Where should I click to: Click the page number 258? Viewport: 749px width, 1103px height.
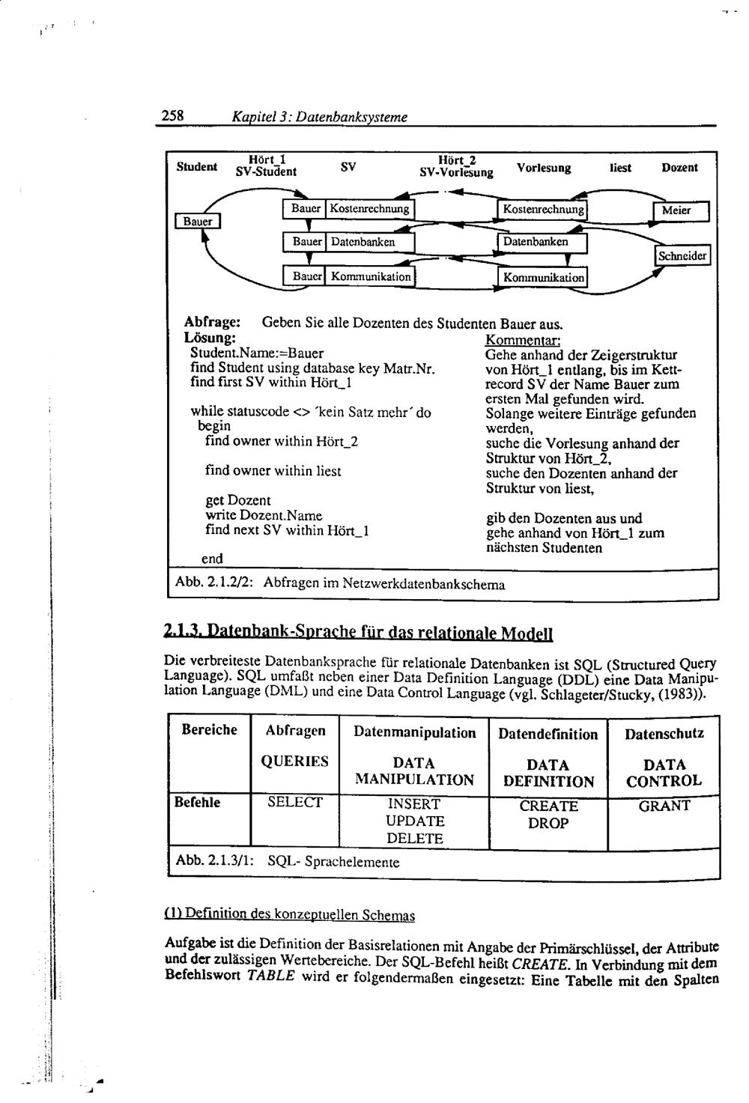173,116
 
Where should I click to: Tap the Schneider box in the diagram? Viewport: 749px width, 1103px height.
682,256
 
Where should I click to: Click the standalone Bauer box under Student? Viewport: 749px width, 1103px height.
198,222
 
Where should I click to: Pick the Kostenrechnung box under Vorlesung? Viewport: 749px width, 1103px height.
543,209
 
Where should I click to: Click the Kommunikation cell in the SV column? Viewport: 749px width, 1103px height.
371,277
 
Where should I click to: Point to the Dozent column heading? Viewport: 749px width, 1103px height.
679,168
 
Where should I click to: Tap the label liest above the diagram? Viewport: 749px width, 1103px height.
620,168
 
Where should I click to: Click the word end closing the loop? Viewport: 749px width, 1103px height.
212,559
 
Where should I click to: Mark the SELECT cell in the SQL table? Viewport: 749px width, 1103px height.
294,803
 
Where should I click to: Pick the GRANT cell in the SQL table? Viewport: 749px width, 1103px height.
664,806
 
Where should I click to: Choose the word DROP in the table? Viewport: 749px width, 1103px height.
548,823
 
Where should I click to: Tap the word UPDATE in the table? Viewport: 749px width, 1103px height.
414,821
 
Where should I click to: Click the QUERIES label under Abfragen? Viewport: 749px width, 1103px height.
294,762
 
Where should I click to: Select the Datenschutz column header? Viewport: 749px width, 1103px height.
664,734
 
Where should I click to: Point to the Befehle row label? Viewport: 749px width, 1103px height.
197,803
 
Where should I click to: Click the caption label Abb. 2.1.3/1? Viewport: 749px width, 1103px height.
213,862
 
